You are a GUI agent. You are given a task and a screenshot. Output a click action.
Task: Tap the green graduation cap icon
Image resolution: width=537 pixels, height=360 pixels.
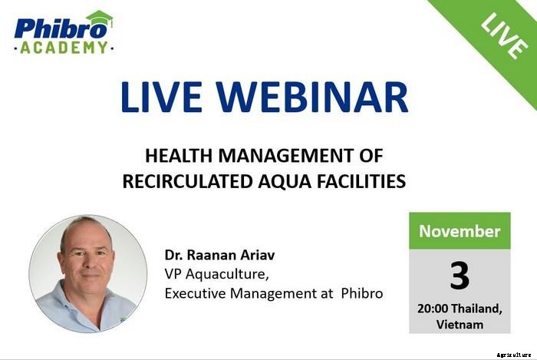tap(99, 18)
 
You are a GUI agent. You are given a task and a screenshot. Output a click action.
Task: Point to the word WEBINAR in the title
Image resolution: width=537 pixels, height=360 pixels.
tap(316, 97)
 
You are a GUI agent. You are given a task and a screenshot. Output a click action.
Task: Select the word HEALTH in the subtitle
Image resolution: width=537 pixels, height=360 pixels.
tap(176, 157)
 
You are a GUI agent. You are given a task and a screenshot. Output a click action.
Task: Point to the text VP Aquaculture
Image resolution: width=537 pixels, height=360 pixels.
tap(212, 274)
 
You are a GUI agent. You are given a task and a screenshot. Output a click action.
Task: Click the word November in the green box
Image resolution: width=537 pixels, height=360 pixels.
tap(460, 230)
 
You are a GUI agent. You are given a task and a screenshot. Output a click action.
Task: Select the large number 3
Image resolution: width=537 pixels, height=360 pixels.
tap(460, 276)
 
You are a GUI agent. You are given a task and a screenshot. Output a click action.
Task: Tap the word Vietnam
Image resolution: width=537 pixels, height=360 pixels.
tap(460, 325)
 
